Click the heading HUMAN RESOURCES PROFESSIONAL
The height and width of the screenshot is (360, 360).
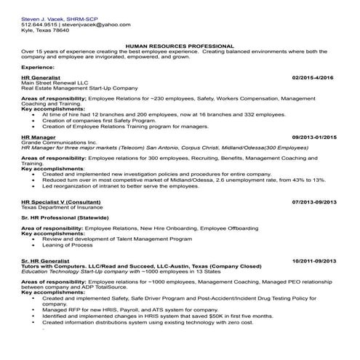click(180, 45)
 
